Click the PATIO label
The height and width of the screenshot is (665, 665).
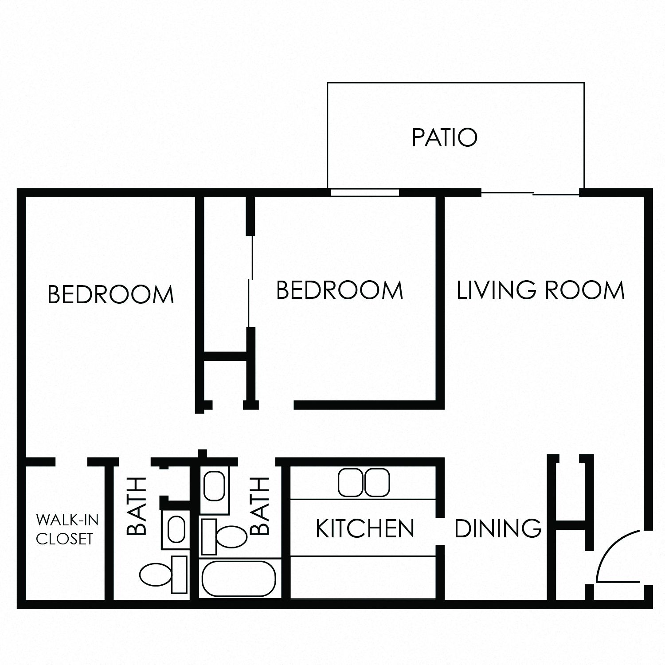coord(445,137)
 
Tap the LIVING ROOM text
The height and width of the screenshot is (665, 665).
coord(540,290)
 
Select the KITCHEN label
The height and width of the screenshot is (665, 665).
coord(365,528)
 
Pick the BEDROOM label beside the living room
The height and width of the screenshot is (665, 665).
coord(340,290)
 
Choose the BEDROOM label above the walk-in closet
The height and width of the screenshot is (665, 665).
coord(110,295)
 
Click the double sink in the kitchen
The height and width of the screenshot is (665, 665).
coord(364,483)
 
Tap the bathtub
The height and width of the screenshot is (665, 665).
coord(239,579)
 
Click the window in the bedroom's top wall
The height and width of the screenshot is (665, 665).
coord(365,193)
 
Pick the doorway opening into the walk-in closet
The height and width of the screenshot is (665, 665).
coord(71,462)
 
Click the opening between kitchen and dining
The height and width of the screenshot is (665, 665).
coord(440,532)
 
